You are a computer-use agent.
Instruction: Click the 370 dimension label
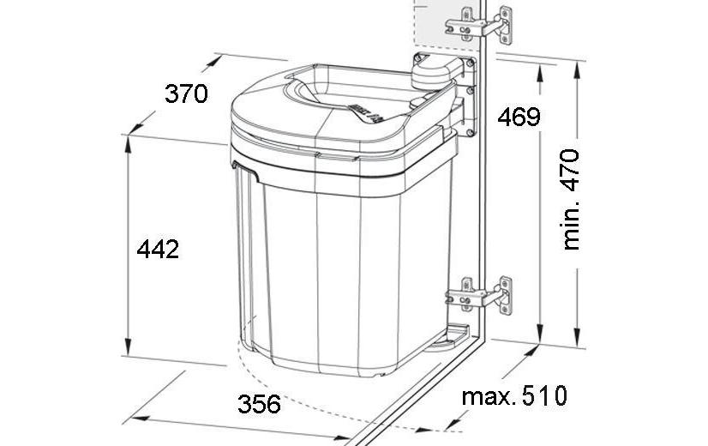pyautogui.click(x=186, y=94)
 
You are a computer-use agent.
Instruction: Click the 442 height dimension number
pyautogui.click(x=158, y=250)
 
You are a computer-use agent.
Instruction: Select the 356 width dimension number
pyautogui.click(x=259, y=404)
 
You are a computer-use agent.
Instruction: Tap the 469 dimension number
pyautogui.click(x=519, y=117)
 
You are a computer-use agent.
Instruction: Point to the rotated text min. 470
pyautogui.click(x=571, y=199)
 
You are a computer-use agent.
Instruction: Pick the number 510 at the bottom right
pyautogui.click(x=544, y=396)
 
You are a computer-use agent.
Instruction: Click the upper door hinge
pyautogui.click(x=479, y=26)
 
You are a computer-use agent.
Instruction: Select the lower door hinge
pyautogui.click(x=479, y=295)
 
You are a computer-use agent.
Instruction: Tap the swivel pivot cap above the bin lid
pyautogui.click(x=436, y=71)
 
